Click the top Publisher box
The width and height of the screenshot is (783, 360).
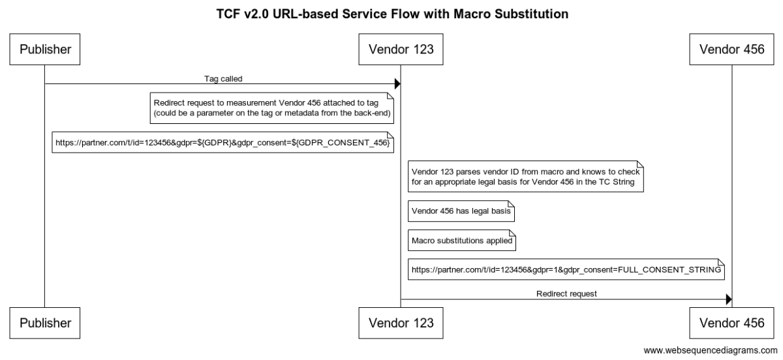(44, 50)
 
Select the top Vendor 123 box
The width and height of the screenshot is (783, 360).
(401, 50)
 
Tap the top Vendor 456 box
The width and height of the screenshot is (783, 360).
(731, 50)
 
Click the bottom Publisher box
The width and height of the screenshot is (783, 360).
(44, 322)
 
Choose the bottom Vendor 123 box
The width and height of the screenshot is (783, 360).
(401, 322)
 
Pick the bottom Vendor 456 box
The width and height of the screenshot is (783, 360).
(731, 322)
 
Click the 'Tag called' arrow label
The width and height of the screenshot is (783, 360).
(223, 78)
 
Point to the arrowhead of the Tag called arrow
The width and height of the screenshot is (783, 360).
(397, 84)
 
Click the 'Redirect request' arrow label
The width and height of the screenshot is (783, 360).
(566, 293)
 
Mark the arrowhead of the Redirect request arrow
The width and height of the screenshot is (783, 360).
(728, 299)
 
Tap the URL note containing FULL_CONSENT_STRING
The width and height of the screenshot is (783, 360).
(566, 269)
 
